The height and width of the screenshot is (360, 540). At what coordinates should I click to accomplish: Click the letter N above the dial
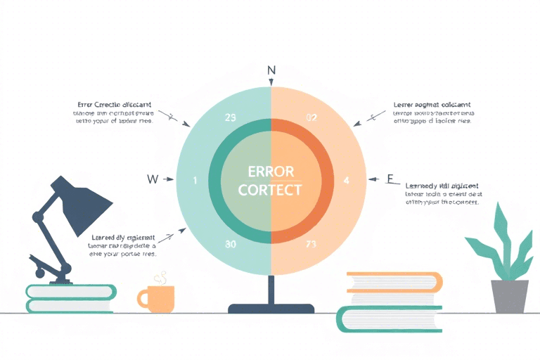271,70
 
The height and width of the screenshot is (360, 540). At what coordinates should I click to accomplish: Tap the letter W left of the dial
152,179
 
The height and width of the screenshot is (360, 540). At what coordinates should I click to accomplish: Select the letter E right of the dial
390,179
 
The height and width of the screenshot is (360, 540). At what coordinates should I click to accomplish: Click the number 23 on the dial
229,118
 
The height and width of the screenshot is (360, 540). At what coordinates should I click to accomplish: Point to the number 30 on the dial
230,244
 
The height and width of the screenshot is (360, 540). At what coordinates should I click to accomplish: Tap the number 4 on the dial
346,180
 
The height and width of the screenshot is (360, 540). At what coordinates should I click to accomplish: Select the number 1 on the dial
195,181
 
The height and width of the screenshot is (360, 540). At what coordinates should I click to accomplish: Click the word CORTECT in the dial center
271,190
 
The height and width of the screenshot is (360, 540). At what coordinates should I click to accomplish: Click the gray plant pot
510,296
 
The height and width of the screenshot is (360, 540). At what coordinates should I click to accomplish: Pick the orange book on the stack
394,281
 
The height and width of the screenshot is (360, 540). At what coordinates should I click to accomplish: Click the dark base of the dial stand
271,308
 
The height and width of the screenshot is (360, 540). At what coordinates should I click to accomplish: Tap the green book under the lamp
70,298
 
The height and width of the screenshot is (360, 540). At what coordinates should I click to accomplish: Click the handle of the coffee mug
141,299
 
